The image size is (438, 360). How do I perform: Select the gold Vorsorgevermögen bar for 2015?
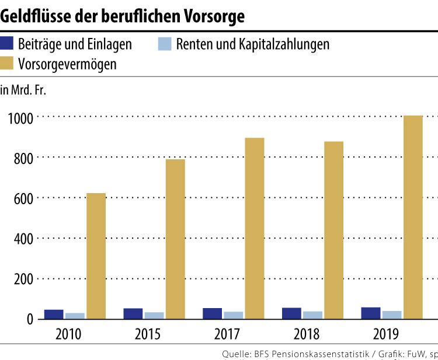click(x=175, y=239)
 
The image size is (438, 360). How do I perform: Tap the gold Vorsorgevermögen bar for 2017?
click(x=254, y=228)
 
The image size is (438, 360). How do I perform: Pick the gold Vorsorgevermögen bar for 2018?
click(x=333, y=230)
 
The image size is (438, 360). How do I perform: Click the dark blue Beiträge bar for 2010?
click(x=54, y=314)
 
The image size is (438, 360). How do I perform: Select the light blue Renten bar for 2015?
click(x=154, y=315)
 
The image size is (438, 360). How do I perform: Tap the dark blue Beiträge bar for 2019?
click(x=371, y=313)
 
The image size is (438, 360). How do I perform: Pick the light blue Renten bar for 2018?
click(x=312, y=315)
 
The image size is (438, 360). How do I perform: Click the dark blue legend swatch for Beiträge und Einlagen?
click(x=8, y=43)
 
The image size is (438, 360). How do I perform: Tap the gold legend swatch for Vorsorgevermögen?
click(x=8, y=64)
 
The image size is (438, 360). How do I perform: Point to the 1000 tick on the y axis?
click(x=20, y=117)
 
